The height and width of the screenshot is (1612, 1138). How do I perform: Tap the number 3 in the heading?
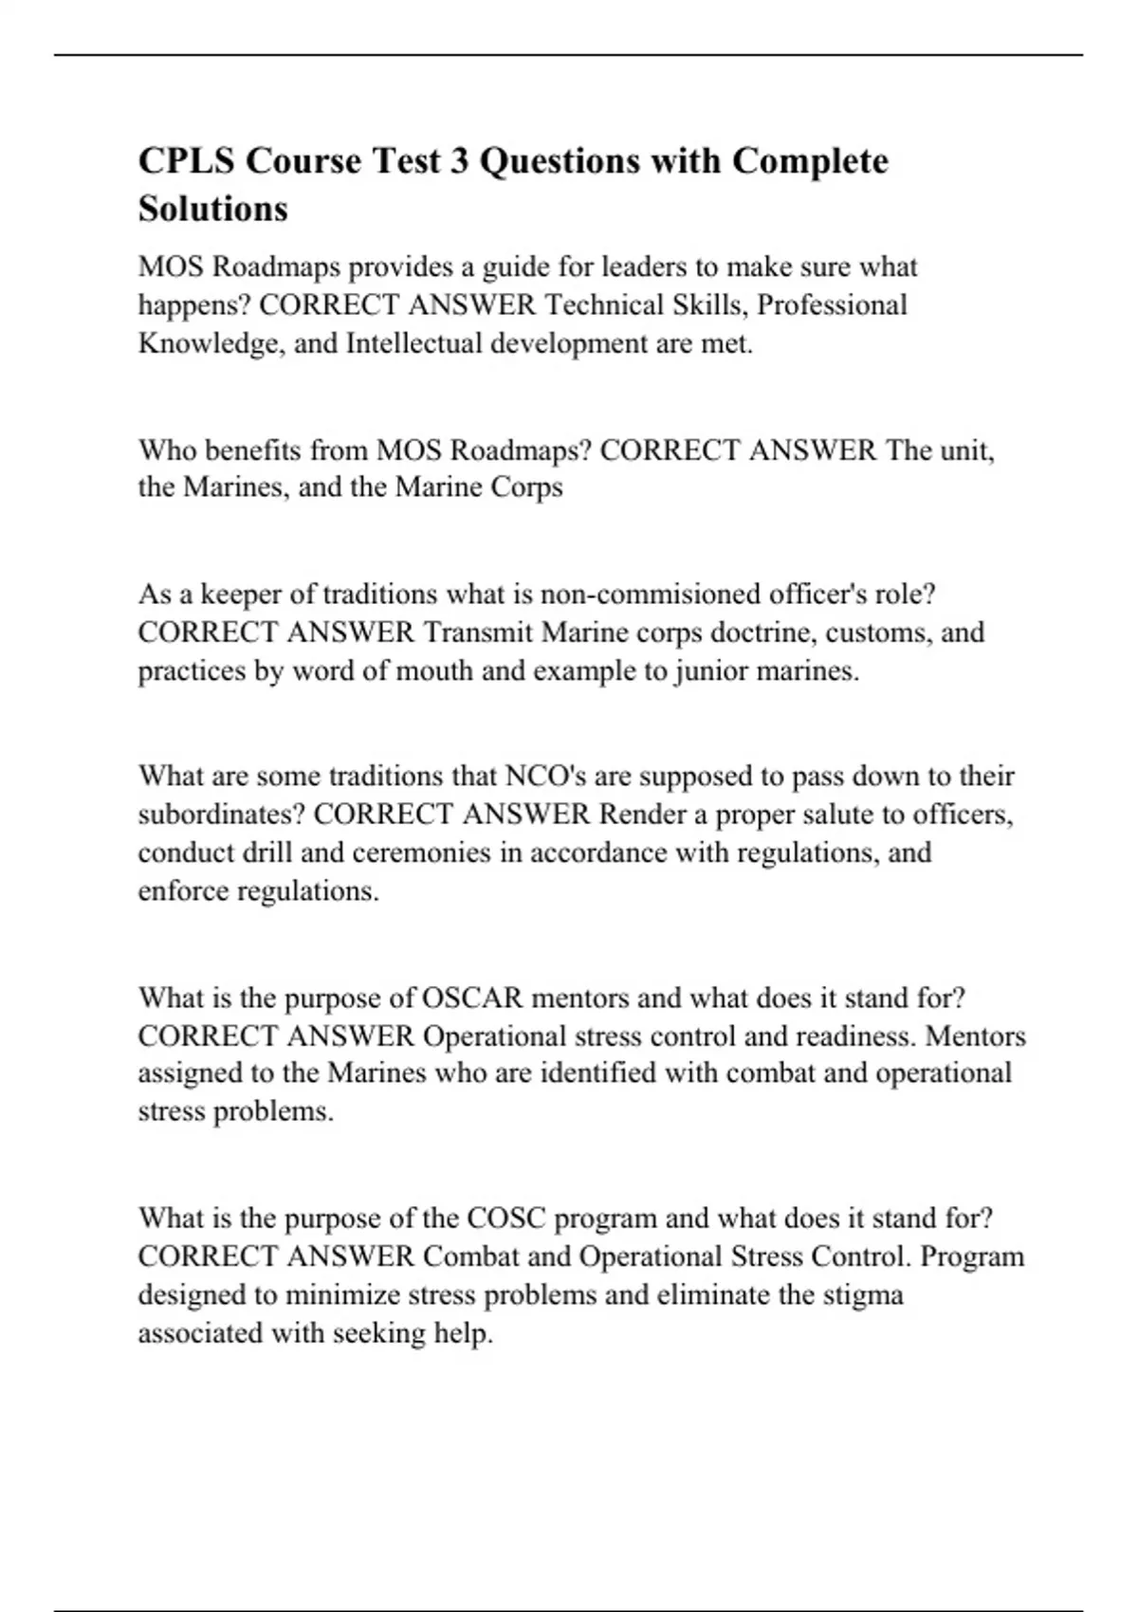pos(459,161)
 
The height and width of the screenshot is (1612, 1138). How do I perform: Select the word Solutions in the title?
pos(213,209)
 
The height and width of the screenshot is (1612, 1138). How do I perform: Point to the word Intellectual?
pos(414,343)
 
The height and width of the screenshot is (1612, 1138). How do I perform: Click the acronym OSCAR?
pos(471,998)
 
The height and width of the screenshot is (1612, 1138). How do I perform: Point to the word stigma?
pos(859,1294)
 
